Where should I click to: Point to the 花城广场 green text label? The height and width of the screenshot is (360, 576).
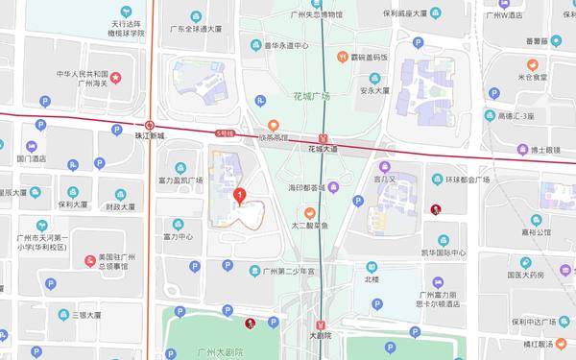(311, 97)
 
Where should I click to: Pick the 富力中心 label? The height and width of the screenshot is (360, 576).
(178, 235)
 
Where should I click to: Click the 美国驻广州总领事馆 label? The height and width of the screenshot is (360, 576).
(113, 263)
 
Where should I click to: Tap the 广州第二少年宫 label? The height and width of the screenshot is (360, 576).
(288, 271)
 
